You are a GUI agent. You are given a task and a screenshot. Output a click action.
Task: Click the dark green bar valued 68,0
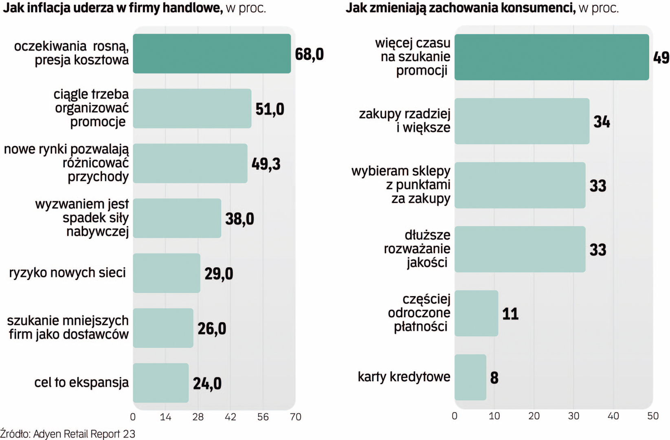click(x=212, y=54)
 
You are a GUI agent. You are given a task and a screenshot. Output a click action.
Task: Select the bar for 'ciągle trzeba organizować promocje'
click(x=192, y=108)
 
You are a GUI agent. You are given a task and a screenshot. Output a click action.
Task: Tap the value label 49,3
click(x=266, y=164)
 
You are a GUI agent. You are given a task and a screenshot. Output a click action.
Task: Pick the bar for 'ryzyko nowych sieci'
click(x=166, y=273)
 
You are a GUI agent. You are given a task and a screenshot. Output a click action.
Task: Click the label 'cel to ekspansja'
click(x=81, y=383)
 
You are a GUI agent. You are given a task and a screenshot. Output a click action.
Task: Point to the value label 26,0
click(x=212, y=328)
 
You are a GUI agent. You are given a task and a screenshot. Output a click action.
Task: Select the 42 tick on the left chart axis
click(x=231, y=417)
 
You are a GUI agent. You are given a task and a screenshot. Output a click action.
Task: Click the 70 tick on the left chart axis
click(x=296, y=417)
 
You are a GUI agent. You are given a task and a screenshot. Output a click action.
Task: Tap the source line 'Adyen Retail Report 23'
click(x=84, y=434)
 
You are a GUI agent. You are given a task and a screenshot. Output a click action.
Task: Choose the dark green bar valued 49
click(x=551, y=57)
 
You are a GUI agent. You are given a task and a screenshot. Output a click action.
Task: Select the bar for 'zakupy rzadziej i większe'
click(x=522, y=121)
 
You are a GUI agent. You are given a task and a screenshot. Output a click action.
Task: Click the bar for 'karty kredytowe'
click(x=470, y=377)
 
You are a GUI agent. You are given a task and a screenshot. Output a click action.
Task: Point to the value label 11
click(x=510, y=314)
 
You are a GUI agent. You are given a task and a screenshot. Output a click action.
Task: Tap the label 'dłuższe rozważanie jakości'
click(x=417, y=249)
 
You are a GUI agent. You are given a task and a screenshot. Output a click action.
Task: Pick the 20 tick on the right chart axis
click(x=534, y=416)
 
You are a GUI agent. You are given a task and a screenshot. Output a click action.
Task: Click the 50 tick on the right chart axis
click(x=653, y=416)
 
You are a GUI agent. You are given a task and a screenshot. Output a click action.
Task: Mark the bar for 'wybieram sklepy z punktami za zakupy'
click(x=520, y=185)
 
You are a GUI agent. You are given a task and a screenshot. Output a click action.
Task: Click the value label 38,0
click(x=239, y=219)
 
